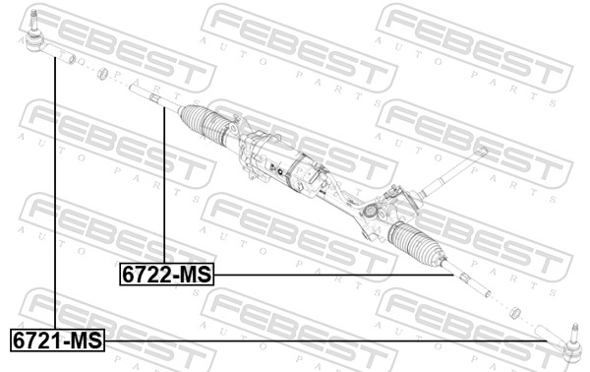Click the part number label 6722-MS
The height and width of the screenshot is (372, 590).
pos(165,275)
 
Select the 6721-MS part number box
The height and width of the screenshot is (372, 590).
pos(57,341)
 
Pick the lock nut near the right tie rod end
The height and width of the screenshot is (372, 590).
pos(513,313)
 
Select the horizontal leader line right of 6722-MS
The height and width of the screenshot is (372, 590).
pos(334,276)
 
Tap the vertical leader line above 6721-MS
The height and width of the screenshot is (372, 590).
pos(55,197)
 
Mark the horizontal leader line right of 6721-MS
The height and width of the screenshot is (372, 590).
pos(324,341)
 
